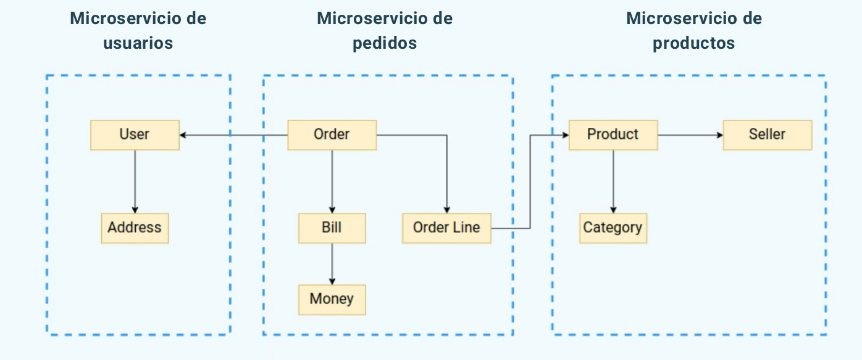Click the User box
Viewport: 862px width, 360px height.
[x=135, y=135]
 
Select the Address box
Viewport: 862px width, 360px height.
[x=135, y=228]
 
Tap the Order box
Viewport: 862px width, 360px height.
[x=332, y=135]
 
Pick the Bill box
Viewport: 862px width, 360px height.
[x=332, y=228]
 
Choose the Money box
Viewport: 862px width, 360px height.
[x=332, y=299]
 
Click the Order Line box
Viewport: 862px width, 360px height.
[x=446, y=228]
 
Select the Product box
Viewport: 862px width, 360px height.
[x=613, y=135]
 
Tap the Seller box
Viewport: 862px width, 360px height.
[x=767, y=135]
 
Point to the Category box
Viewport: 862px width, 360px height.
[x=613, y=228]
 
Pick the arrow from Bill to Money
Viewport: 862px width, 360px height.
[x=332, y=264]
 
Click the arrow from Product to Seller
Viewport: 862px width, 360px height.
[x=690, y=135]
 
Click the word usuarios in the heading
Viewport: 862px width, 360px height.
[x=138, y=43]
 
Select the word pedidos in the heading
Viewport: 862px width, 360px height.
[x=384, y=43]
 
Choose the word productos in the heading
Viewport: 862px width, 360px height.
[x=693, y=43]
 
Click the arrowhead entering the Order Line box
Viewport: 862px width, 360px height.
[x=447, y=209]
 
